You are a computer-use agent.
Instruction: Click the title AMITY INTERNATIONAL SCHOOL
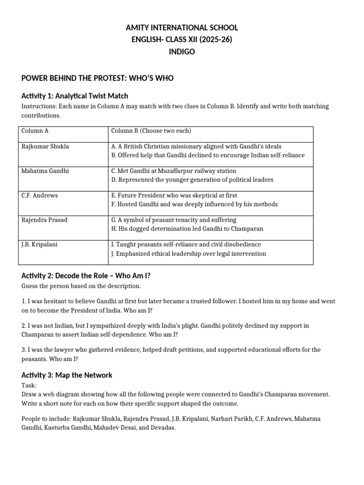tap(182, 28)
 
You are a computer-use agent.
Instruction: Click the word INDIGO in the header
tap(182, 52)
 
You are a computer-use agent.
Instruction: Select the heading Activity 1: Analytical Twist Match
tap(75, 96)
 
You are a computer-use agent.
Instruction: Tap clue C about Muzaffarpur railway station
tap(173, 171)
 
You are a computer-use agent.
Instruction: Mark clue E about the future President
tap(174, 196)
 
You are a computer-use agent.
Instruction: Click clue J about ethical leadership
tap(189, 254)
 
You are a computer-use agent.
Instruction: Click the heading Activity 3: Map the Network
tap(67, 375)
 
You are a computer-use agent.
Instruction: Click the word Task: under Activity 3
tap(29, 386)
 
